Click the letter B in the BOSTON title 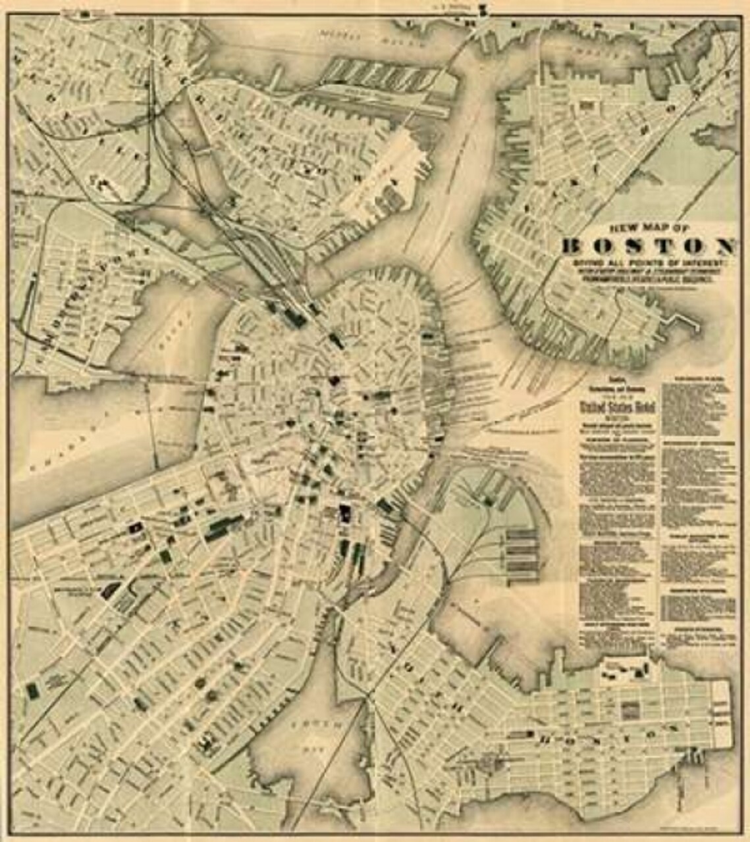point(574,247)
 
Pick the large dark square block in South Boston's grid point(631,709)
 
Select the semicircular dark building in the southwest point(110,589)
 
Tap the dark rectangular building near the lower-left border point(32,690)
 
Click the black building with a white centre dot point(136,527)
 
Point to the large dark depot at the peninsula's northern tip point(294,318)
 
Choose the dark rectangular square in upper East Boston point(585,105)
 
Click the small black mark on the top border point(483,9)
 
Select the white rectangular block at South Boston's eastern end point(722,714)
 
